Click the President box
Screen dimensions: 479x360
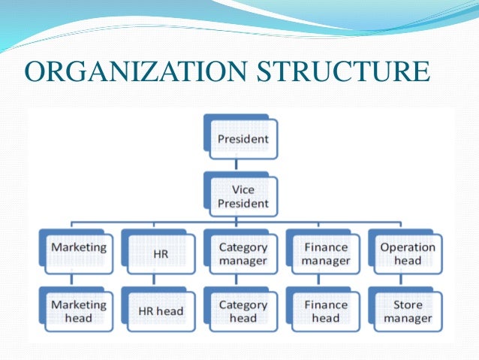(242, 139)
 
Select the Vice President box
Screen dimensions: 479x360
(242, 197)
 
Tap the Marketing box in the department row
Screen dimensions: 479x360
(78, 253)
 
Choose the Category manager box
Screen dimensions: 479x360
(242, 253)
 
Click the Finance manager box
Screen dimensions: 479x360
(326, 253)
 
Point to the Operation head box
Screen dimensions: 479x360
(407, 253)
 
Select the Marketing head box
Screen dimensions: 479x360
(78, 311)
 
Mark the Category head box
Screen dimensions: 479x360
(242, 311)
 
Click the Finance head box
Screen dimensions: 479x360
(326, 311)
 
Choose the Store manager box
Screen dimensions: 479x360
(407, 311)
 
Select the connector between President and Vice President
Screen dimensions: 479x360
(237, 166)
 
